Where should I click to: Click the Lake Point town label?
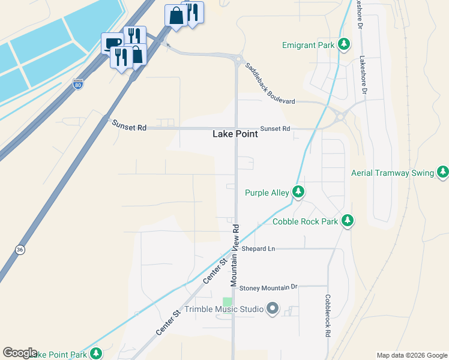pos(235,134)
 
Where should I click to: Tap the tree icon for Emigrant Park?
pos(343,45)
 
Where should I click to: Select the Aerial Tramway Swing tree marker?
pos(443,173)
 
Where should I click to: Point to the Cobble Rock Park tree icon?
pos(347,221)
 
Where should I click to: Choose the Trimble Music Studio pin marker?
pos(273,310)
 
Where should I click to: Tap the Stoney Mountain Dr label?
pos(268,288)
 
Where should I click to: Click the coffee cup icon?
pos(112,43)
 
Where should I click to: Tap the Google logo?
pos(20,353)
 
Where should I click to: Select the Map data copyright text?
pos(412,355)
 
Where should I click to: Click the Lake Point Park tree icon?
pos(95,354)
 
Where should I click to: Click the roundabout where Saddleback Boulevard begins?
pos(239,59)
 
